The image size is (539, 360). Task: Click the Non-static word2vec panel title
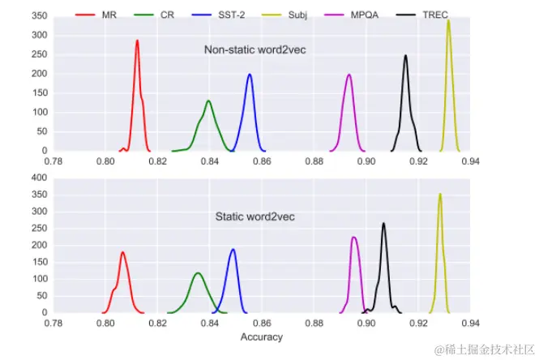click(x=254, y=50)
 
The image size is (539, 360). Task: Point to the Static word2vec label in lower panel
click(x=254, y=217)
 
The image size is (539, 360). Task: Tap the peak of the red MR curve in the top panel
click(x=137, y=41)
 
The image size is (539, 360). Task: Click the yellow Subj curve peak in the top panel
click(x=448, y=20)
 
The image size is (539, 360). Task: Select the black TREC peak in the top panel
click(x=405, y=56)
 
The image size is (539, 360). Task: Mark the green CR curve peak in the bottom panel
click(x=198, y=273)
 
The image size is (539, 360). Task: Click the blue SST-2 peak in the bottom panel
click(x=233, y=249)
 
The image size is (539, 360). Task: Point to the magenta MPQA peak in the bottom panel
click(x=354, y=238)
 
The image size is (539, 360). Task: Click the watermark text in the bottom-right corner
click(x=482, y=349)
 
